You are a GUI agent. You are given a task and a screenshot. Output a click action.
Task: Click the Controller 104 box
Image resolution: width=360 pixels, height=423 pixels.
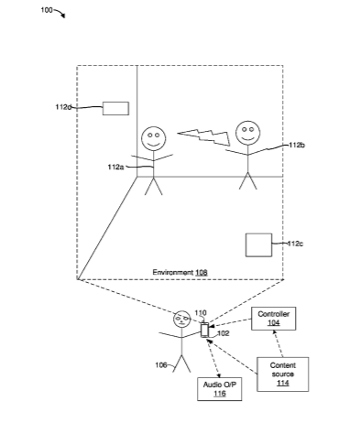(273, 319)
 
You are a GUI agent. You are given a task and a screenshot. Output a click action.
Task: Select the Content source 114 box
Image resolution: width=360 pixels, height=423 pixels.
(282, 374)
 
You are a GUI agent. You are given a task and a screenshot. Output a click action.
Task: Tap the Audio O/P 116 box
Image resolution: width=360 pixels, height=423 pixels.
(220, 389)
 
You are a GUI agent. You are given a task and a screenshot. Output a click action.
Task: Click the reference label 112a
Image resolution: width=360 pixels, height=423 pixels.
(115, 167)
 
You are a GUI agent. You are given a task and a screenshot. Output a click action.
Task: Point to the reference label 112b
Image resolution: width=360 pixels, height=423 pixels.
(297, 145)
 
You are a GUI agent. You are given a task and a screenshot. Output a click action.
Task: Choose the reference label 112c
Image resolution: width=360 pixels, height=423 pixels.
(295, 244)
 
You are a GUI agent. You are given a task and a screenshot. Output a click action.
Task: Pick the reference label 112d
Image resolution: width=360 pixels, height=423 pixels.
(63, 107)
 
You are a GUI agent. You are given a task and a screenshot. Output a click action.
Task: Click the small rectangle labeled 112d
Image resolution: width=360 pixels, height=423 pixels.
(115, 109)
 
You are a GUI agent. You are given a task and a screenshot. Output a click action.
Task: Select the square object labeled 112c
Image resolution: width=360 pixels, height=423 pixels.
(258, 245)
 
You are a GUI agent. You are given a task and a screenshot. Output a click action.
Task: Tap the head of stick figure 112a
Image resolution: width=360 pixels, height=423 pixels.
(154, 139)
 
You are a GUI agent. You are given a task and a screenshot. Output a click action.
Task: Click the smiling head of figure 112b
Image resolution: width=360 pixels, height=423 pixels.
(247, 133)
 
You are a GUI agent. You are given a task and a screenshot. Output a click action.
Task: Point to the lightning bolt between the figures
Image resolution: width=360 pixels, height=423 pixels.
(204, 136)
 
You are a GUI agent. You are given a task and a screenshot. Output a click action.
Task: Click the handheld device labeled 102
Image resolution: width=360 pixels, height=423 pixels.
(204, 330)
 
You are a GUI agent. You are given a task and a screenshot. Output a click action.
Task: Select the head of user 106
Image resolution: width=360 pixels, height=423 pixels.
(181, 320)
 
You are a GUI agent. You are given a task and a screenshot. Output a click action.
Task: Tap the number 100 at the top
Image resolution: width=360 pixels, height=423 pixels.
(47, 10)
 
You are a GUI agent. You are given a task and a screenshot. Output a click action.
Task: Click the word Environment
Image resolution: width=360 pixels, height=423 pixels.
(173, 272)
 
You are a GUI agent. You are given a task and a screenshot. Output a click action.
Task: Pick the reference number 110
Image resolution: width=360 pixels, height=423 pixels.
(201, 313)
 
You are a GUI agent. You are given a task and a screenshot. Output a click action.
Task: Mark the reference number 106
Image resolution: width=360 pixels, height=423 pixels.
(161, 365)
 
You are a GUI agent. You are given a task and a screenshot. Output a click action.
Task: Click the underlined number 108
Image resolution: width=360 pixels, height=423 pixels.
(202, 272)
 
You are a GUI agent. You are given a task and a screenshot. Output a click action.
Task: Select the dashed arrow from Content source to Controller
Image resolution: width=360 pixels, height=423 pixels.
(278, 343)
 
